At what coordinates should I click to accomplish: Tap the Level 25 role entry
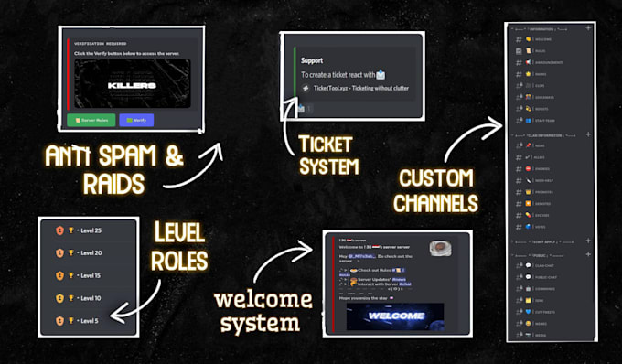[88, 230]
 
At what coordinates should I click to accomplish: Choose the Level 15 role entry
[88, 275]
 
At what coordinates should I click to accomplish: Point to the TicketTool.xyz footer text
[360, 89]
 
